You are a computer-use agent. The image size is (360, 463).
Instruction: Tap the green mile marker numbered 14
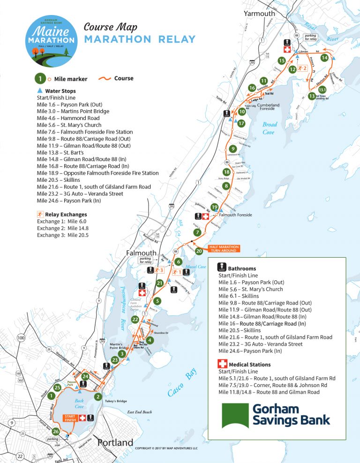(x=324, y=58)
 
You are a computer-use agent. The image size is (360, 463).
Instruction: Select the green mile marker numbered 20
(x=199, y=251)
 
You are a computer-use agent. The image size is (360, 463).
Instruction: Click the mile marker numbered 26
(x=56, y=431)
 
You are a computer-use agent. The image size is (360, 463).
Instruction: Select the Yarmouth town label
(x=259, y=14)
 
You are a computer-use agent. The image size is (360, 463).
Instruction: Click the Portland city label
(x=115, y=443)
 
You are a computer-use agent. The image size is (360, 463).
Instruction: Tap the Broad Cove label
(x=270, y=128)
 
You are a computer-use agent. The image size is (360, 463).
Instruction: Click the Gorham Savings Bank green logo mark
(x=235, y=415)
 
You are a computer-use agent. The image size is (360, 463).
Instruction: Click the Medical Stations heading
(x=249, y=364)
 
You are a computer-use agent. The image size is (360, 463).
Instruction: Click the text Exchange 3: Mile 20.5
(x=62, y=235)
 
